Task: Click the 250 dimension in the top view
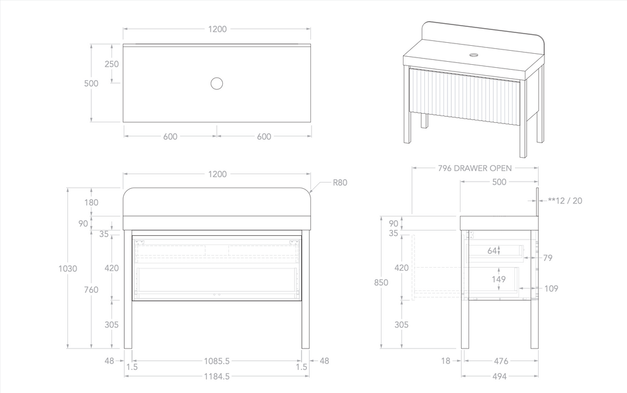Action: (x=111, y=64)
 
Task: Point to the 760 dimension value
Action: (x=91, y=290)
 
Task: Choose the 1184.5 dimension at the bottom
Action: (x=217, y=376)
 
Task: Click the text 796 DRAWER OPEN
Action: (x=475, y=168)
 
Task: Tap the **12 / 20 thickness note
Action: (x=565, y=200)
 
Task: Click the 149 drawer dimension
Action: (x=499, y=279)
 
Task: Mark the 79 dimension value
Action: (x=547, y=258)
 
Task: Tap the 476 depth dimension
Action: (x=501, y=361)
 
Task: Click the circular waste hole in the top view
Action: (x=216, y=84)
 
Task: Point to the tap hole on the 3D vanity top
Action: (x=474, y=54)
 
